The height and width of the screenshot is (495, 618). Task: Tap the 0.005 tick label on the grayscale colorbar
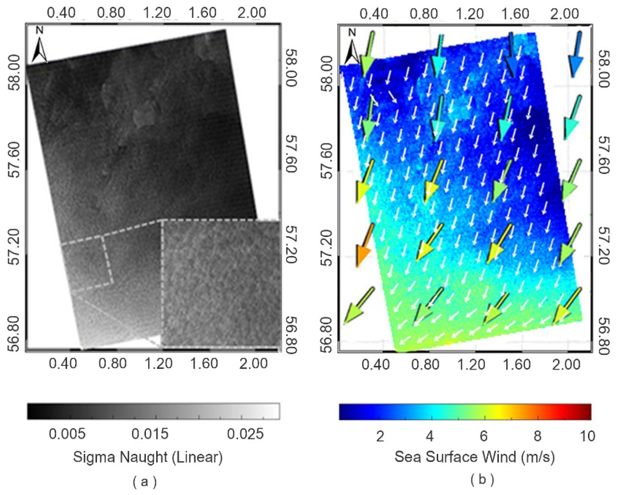click(67, 434)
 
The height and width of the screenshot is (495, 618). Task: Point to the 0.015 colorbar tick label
click(150, 434)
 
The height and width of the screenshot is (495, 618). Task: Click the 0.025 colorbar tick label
click(245, 434)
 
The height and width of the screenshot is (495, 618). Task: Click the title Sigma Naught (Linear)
click(148, 457)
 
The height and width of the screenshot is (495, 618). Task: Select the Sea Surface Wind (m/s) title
click(474, 457)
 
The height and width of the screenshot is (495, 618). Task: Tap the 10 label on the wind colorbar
click(587, 436)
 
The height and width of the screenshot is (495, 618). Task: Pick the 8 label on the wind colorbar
click(537, 436)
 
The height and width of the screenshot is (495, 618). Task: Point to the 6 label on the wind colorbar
click(484, 436)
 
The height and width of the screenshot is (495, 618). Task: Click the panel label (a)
click(145, 482)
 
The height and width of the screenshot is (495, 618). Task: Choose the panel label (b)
click(482, 479)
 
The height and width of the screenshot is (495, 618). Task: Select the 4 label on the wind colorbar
click(429, 437)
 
